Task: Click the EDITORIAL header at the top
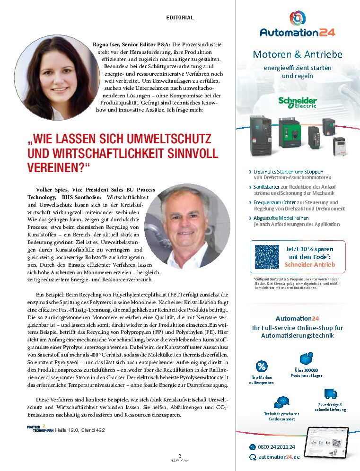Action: coord(180,17)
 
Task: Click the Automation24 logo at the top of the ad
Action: coord(298,26)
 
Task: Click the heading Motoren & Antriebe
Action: coord(298,54)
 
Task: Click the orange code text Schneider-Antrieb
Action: coord(310,264)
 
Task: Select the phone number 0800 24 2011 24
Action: coord(276,447)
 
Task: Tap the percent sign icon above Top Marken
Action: coord(261,366)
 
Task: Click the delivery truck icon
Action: coord(331,393)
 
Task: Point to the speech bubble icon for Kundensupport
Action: coord(282,402)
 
